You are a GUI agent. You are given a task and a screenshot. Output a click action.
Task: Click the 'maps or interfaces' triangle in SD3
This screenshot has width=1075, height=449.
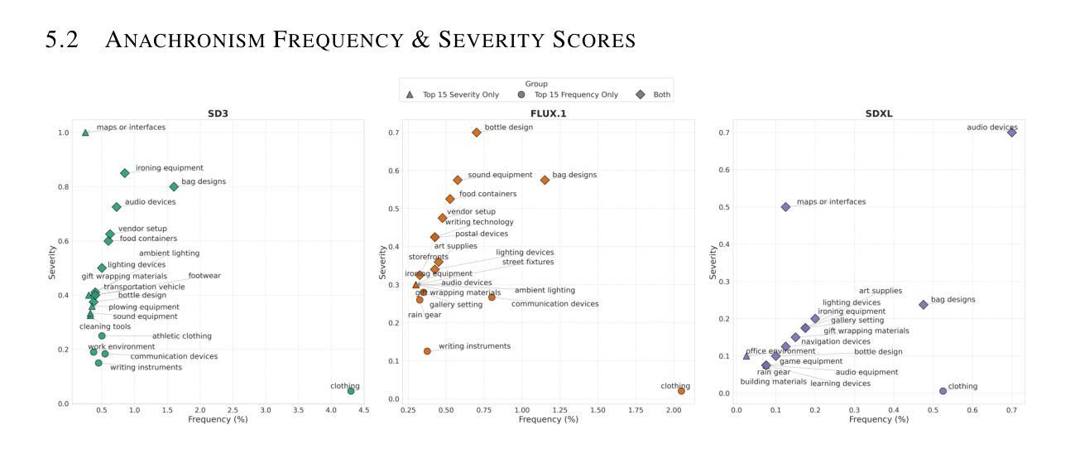[x=85, y=133]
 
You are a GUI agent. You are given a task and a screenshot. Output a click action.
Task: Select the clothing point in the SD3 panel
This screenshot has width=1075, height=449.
[x=351, y=390]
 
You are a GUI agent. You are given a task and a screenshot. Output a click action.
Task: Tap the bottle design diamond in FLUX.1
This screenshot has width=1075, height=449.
[x=476, y=133]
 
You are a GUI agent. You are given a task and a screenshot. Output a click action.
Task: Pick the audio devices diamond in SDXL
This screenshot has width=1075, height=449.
[x=1011, y=133]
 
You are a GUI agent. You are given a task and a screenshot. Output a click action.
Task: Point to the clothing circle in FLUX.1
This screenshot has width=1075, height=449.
[x=681, y=390]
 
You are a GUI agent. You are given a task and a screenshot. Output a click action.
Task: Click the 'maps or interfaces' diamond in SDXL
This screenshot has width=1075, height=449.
[x=785, y=207]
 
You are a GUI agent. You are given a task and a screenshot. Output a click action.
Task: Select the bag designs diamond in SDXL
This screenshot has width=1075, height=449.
[x=924, y=305]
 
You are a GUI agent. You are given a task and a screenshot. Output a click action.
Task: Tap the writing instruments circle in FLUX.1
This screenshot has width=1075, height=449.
[x=427, y=351]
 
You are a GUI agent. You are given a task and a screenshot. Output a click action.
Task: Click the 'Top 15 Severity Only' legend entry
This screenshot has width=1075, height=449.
[x=454, y=94]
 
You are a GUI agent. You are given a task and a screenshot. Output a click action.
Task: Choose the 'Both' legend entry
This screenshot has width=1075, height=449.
[x=655, y=94]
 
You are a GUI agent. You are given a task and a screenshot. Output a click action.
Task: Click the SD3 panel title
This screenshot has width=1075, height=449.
[x=219, y=113]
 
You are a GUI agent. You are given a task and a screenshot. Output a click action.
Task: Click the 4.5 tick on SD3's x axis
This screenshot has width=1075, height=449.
[x=363, y=410]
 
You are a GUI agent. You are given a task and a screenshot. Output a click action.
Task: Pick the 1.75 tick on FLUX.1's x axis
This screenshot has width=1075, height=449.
[x=636, y=410]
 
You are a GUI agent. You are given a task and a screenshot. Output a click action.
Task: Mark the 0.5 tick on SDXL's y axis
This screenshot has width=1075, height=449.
[x=722, y=207]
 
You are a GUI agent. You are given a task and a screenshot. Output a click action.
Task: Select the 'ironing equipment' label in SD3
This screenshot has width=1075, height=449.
[x=169, y=168]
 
